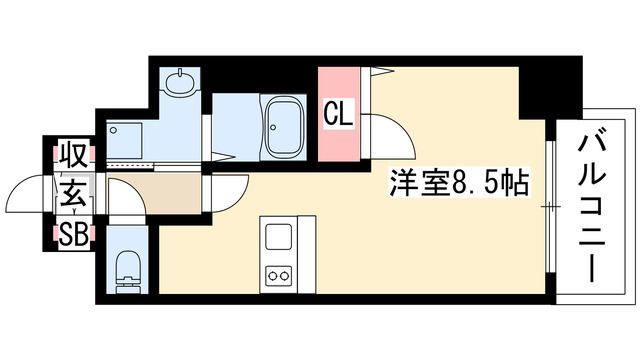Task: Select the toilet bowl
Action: tap(128, 267)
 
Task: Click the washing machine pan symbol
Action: tap(125, 134)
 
